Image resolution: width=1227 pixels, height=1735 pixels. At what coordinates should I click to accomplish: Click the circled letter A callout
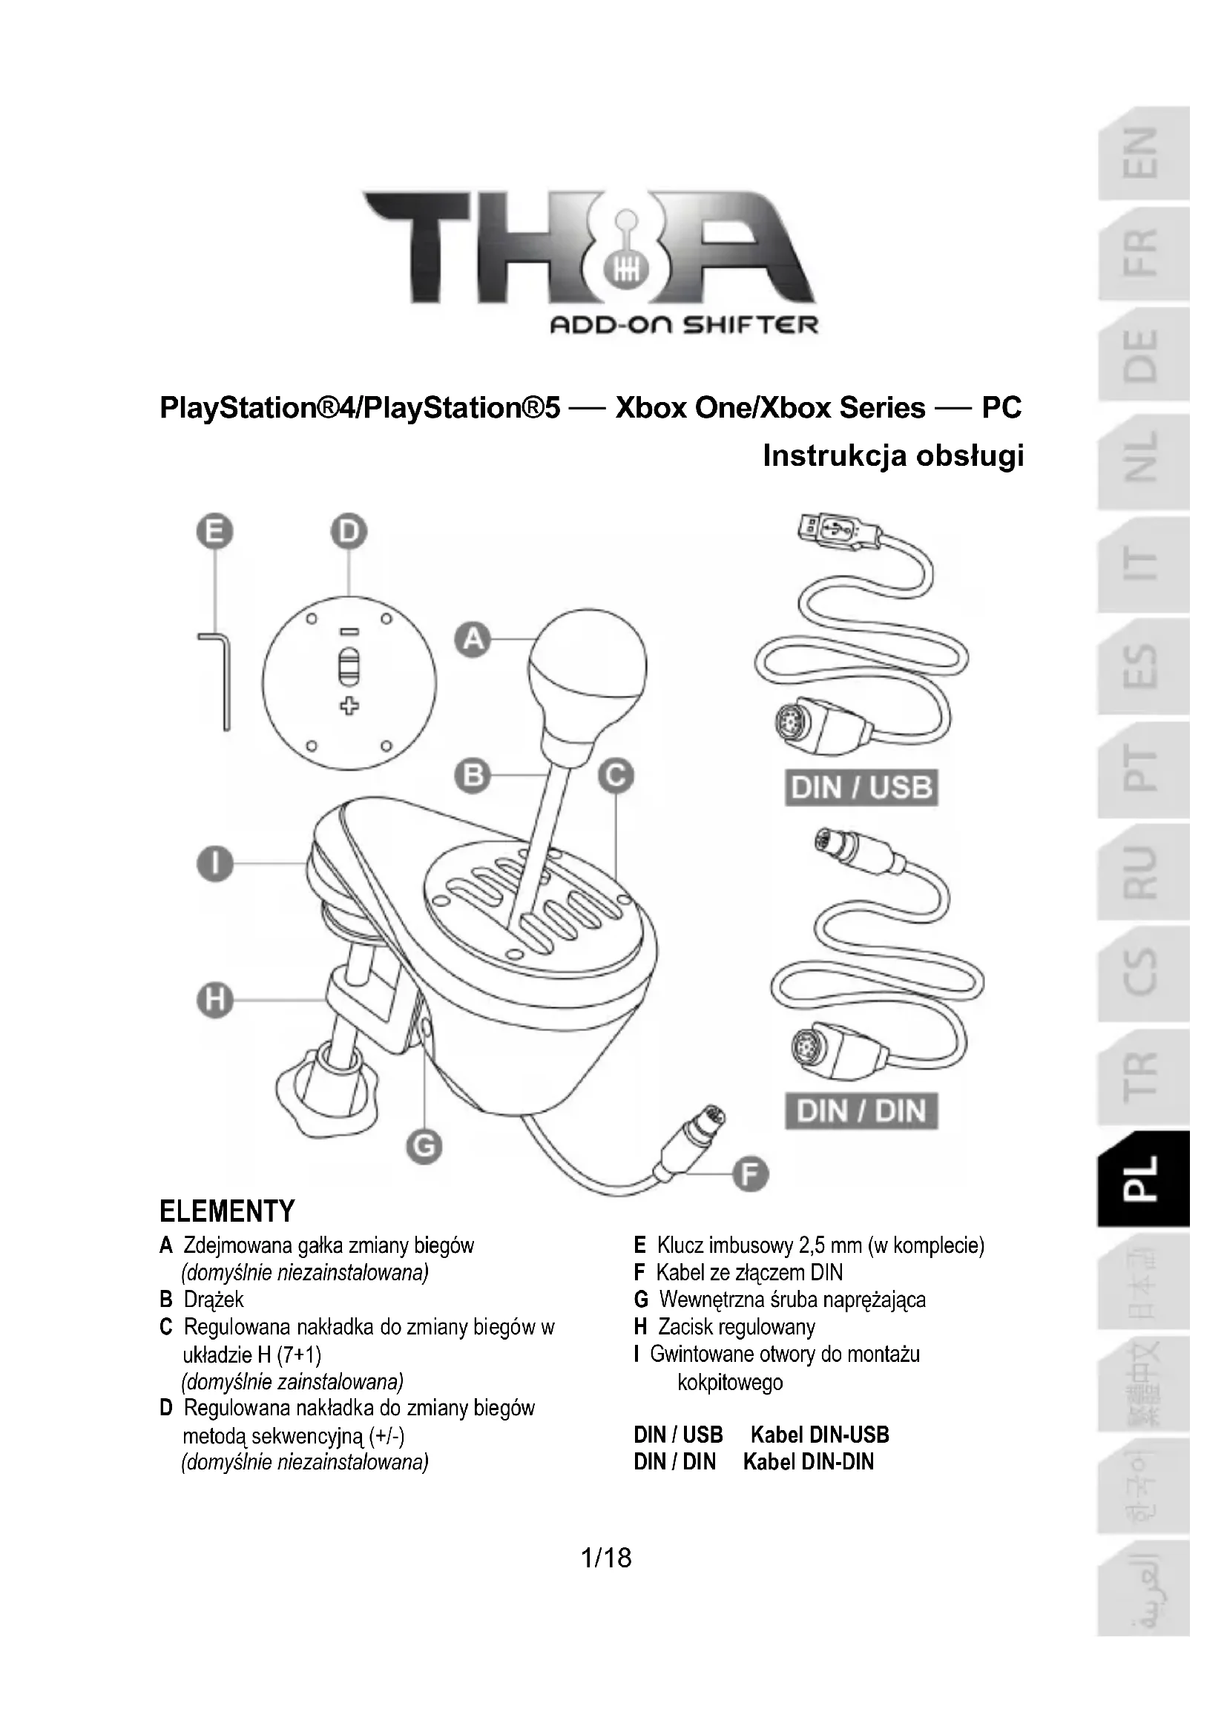point(473,640)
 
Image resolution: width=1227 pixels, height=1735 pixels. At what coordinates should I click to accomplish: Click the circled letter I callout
point(214,863)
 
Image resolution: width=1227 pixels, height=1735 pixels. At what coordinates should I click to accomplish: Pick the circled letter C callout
point(616,776)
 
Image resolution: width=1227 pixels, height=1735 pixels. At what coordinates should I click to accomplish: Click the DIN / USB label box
point(861,789)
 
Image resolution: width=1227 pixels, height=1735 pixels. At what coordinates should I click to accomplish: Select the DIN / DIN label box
point(861,1111)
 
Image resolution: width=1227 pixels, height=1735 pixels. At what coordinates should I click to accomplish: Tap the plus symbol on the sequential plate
point(349,705)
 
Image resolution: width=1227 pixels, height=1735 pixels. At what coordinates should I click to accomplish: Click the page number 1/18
point(606,1558)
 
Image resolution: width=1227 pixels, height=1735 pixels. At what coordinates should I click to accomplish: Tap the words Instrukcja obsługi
point(893,455)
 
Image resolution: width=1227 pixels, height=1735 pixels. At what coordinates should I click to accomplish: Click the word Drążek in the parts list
point(214,1300)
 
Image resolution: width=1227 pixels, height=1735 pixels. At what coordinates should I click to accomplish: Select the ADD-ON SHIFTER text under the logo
point(684,325)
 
